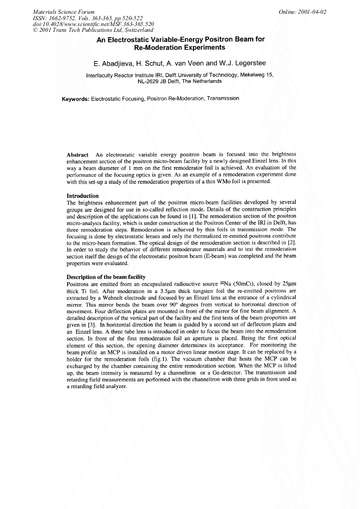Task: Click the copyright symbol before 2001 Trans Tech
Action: coord(35,30)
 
